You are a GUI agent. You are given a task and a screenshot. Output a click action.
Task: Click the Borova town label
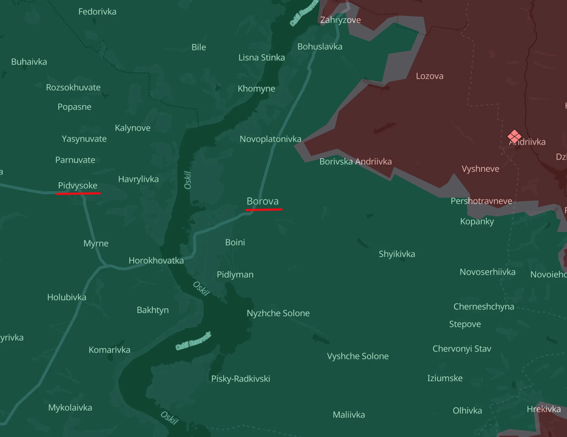point(263,201)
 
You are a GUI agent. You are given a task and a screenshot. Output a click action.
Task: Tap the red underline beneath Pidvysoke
point(78,193)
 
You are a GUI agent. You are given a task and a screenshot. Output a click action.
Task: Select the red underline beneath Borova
point(264,209)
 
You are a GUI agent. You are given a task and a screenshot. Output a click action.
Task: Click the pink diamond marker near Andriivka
point(514,136)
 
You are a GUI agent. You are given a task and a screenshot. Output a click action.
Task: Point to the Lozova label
point(429,76)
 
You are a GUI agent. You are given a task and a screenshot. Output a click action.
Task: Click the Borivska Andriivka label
point(356,161)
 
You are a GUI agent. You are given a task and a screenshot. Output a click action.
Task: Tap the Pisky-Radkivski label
point(240,379)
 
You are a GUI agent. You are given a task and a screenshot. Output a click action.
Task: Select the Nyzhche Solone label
point(278,313)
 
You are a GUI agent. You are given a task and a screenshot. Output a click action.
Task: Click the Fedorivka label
point(97,12)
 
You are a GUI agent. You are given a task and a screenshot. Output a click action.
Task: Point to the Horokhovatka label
point(156,261)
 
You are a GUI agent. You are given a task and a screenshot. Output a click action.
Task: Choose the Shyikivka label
point(397,254)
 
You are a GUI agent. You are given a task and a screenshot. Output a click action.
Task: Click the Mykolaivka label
point(70,407)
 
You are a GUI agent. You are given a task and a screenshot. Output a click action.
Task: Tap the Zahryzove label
point(340,20)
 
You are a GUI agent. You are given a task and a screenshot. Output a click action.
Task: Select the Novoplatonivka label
point(270,139)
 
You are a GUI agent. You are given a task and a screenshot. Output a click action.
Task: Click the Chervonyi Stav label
point(462,349)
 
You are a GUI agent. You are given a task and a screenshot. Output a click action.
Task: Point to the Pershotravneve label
point(481,201)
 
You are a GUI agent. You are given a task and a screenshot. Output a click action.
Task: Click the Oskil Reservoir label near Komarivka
point(193,341)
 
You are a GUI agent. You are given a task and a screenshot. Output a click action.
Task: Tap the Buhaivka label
point(29,62)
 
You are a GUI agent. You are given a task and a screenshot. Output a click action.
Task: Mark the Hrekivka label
point(544,409)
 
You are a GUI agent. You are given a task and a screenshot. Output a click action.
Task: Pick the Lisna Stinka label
point(262,57)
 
